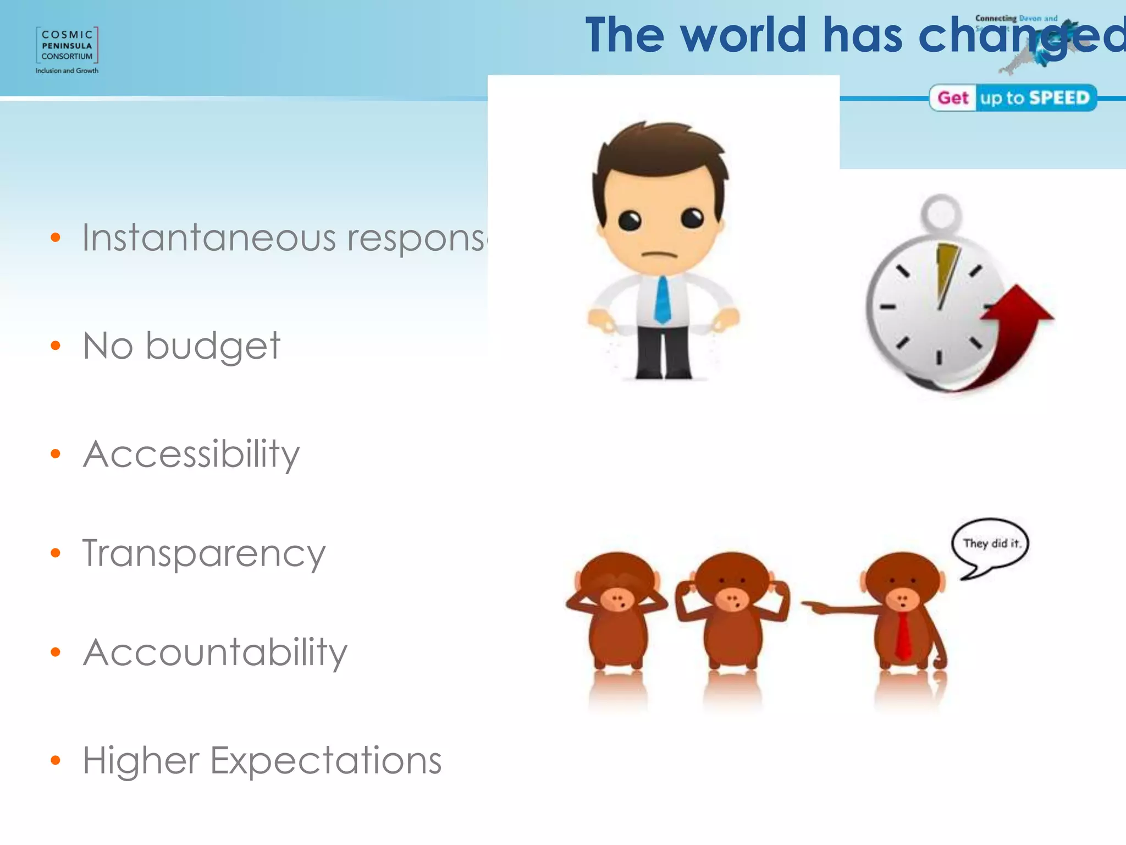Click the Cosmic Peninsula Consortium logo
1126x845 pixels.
67,50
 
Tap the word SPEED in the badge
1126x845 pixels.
1059,98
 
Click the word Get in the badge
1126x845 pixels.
953,98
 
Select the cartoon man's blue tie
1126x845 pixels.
663,300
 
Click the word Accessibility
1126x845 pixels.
191,454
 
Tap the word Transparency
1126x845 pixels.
203,553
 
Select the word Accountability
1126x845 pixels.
214,653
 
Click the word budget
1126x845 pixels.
213,347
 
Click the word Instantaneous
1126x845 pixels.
209,238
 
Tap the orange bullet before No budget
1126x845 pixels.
55,345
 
